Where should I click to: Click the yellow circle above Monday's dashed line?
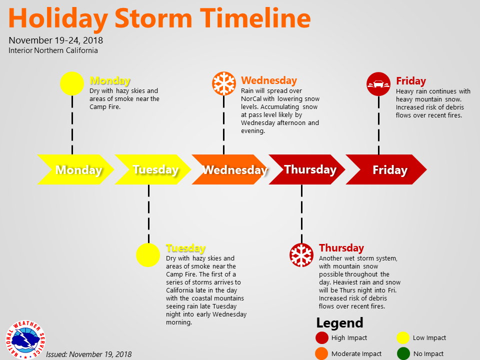[72, 83]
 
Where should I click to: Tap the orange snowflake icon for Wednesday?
[224, 83]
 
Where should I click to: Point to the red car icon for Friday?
[378, 84]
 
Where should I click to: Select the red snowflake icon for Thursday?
[301, 255]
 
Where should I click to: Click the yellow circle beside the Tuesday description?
[148, 255]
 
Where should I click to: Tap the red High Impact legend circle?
[322, 337]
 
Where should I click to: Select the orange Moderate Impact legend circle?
[321, 353]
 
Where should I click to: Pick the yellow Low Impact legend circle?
[403, 337]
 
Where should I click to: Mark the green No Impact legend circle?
[403, 353]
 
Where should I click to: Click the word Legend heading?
[340, 322]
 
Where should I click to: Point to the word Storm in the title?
[153, 18]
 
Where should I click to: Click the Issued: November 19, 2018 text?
[89, 354]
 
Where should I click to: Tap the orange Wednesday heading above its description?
[269, 80]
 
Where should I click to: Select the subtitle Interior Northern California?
[53, 50]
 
